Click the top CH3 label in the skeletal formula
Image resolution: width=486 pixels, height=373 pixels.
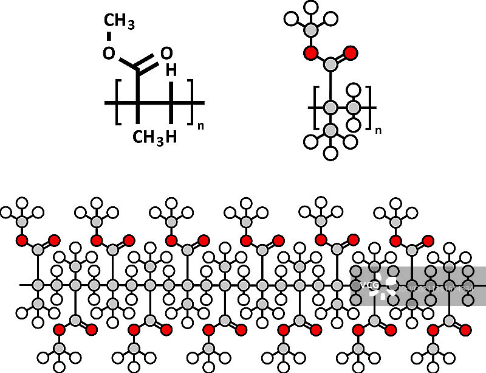click(x=119, y=23)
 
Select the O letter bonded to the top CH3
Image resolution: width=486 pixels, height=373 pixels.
click(x=108, y=54)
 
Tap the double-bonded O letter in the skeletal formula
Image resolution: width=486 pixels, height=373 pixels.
click(x=166, y=54)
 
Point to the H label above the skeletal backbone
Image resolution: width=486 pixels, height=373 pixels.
click(x=171, y=71)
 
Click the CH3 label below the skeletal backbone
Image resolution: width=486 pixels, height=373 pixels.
click(x=148, y=137)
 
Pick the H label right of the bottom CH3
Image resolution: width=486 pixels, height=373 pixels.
click(x=171, y=137)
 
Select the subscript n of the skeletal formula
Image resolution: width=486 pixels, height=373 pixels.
click(x=200, y=126)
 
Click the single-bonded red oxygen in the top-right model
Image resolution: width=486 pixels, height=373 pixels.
click(x=311, y=53)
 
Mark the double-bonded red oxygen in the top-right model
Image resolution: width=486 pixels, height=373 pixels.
click(x=350, y=53)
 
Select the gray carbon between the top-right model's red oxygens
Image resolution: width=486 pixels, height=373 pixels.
click(x=330, y=63)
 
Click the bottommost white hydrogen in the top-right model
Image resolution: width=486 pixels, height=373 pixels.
click(x=330, y=153)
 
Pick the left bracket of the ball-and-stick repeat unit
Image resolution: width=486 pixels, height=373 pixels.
click(x=317, y=108)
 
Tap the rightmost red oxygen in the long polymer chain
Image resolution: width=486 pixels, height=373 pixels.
click(x=466, y=330)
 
